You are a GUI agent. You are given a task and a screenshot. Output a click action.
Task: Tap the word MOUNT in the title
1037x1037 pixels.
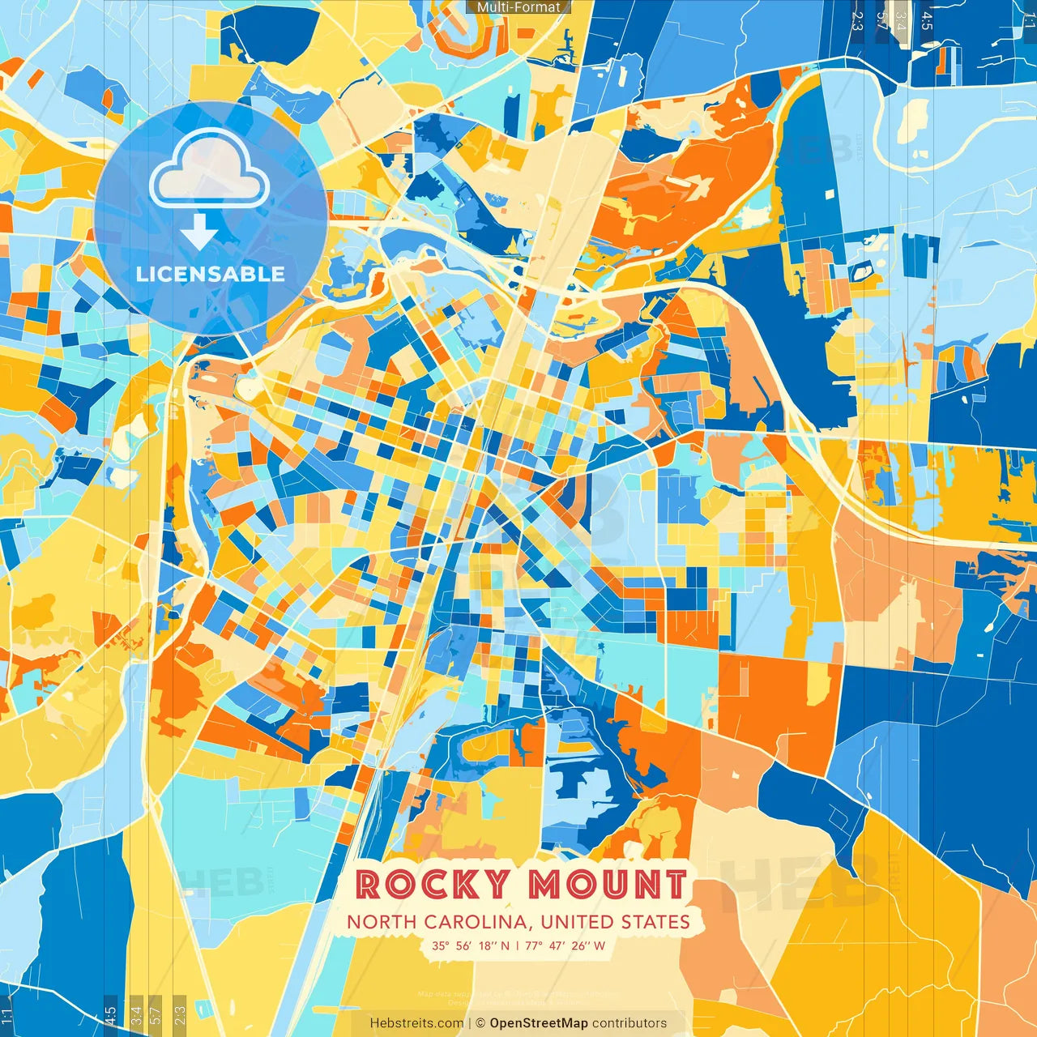pyautogui.click(x=607, y=885)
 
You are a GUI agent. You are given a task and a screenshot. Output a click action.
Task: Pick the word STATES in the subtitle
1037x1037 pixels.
pyautogui.click(x=655, y=922)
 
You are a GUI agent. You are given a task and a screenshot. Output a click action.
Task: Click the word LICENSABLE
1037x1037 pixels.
pyautogui.click(x=211, y=274)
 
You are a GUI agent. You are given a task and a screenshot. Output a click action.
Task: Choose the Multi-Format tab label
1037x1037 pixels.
pyautogui.click(x=518, y=7)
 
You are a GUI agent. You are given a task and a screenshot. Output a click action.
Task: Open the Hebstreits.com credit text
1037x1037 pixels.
pyautogui.click(x=416, y=1023)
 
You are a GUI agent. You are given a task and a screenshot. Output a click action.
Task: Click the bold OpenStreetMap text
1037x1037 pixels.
pyautogui.click(x=538, y=1023)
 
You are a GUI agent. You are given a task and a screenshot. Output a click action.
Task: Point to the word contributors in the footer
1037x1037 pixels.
pyautogui.click(x=629, y=1023)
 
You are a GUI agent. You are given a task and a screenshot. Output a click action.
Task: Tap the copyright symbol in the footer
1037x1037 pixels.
pyautogui.click(x=480, y=1023)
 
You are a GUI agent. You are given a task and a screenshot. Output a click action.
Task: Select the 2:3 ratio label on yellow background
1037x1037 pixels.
pyautogui.click(x=179, y=1014)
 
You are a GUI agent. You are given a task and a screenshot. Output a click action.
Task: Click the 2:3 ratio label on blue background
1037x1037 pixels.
pyautogui.click(x=857, y=19)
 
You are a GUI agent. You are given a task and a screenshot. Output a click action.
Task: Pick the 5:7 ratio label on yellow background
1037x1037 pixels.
pyautogui.click(x=156, y=1014)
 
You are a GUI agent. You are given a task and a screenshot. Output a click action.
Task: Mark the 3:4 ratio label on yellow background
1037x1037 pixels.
pyautogui.click(x=136, y=1014)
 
